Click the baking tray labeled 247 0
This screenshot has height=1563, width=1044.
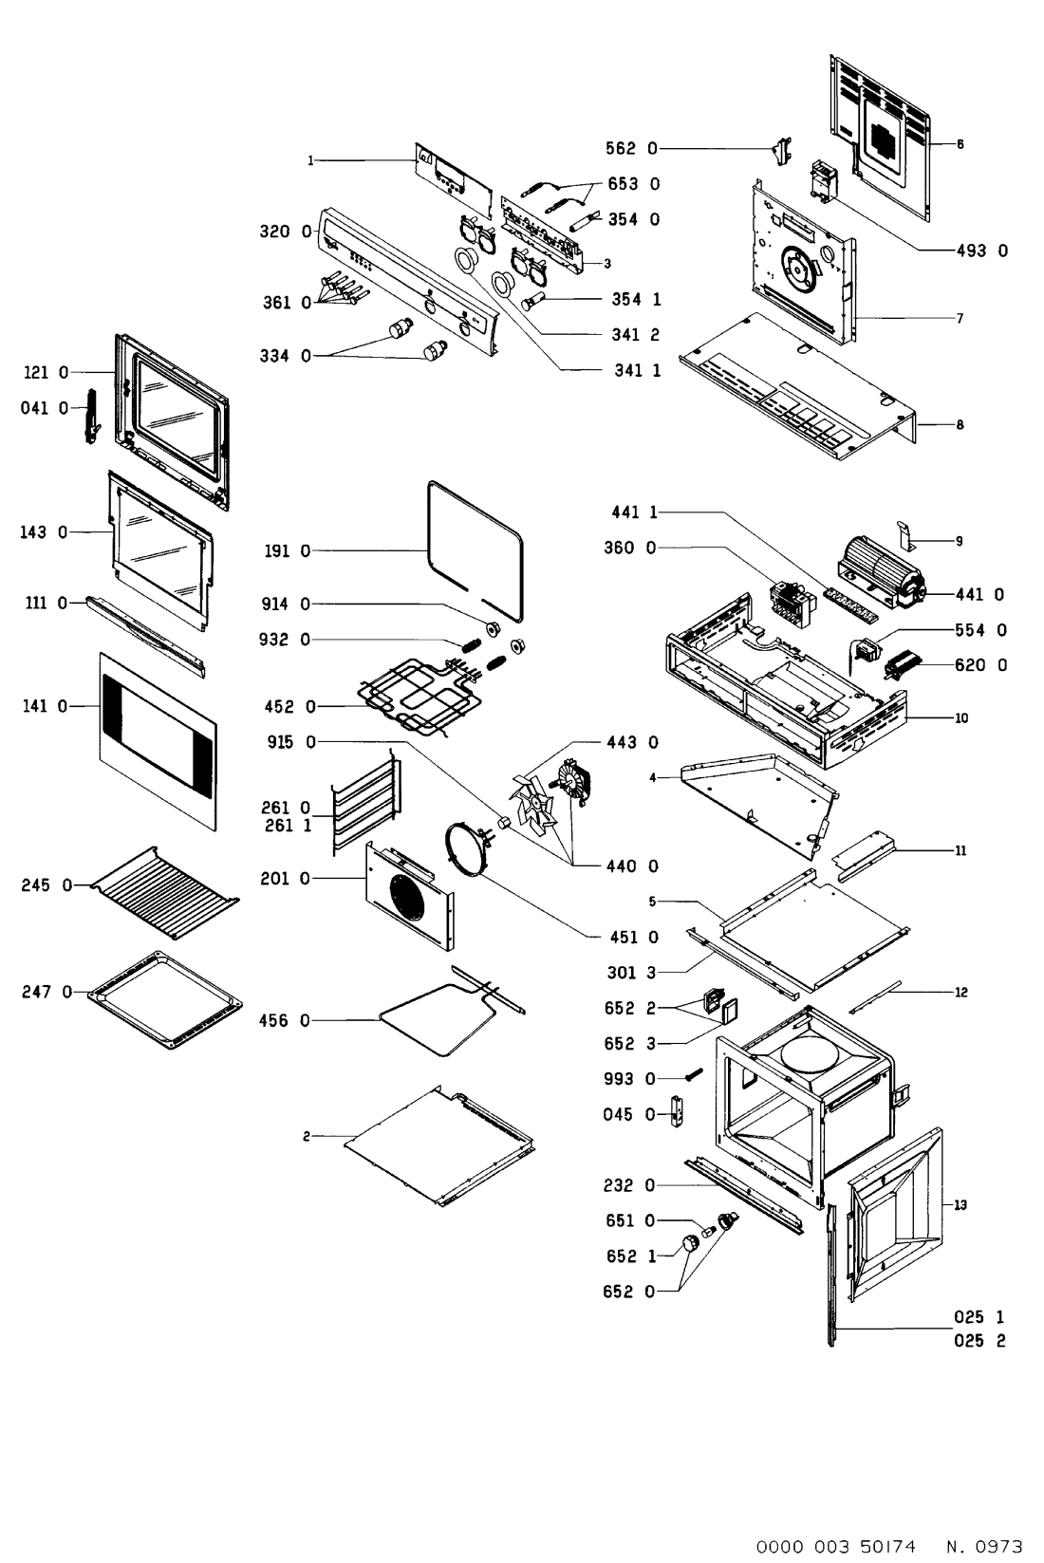point(163,1000)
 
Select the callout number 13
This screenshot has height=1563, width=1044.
point(960,1204)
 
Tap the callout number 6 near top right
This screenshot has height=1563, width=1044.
point(960,144)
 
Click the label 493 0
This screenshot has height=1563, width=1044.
point(981,251)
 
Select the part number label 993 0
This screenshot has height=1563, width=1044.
point(629,1079)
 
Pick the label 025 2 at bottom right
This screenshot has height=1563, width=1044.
point(980,1341)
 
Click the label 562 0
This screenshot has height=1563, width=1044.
point(631,148)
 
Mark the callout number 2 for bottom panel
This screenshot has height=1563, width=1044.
point(307,1136)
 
